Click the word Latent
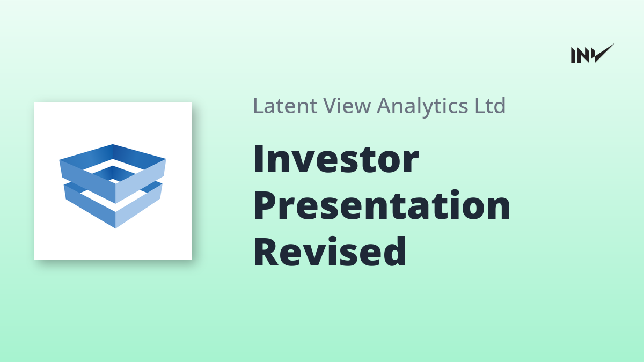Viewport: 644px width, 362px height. tap(285, 106)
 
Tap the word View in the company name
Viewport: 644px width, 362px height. tap(347, 106)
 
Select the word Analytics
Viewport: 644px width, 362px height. tap(422, 107)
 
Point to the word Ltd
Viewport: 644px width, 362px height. tap(490, 106)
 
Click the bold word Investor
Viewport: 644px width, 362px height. tap(336, 159)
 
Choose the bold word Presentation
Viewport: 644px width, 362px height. tap(382, 205)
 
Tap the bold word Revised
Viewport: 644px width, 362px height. tap(330, 252)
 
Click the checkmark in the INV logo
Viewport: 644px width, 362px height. tap(604, 54)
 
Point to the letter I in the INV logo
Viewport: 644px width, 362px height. tap(573, 55)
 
